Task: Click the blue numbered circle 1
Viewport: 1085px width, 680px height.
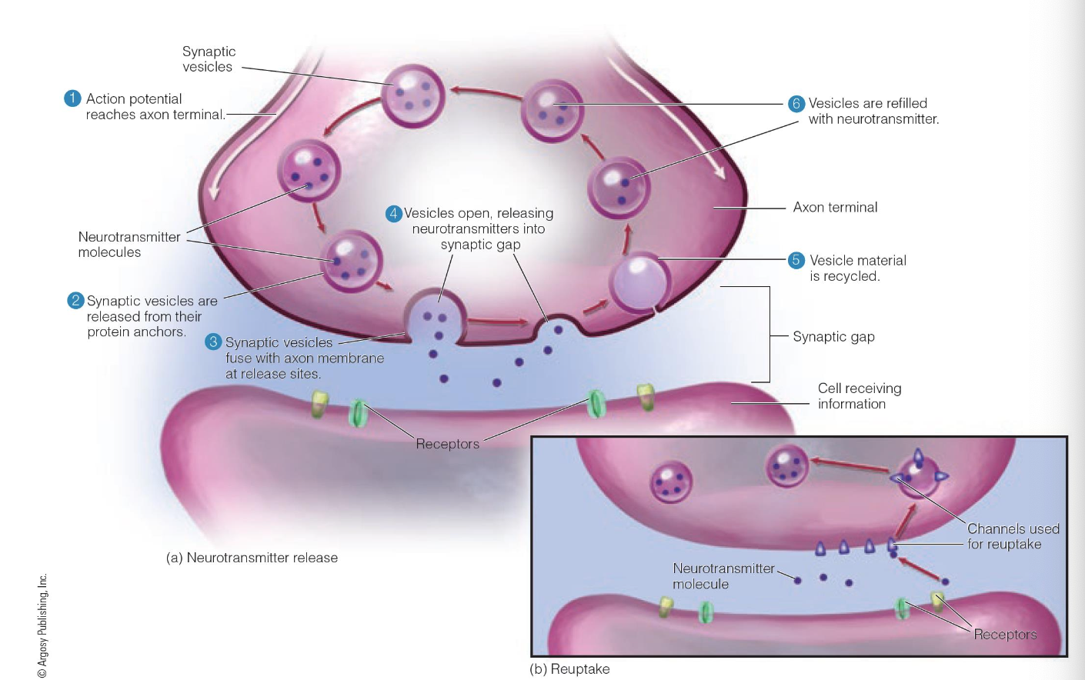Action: (72, 98)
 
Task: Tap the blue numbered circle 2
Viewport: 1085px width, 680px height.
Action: (75, 301)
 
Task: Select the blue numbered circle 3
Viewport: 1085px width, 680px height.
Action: (213, 342)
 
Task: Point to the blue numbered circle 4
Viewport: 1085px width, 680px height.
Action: (394, 213)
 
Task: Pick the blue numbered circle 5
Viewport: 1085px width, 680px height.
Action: (796, 260)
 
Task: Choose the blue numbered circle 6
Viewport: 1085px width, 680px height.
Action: (796, 103)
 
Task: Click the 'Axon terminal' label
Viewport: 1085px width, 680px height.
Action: (835, 207)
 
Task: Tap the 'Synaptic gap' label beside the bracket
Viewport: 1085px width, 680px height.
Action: (833, 336)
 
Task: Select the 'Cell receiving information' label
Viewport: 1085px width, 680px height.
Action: (859, 396)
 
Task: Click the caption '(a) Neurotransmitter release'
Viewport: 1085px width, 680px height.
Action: (252, 558)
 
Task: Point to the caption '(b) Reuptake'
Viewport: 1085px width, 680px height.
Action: (569, 669)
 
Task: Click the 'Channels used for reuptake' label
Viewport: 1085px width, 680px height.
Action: (1013, 536)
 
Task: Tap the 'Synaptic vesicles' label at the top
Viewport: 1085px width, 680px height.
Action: (209, 59)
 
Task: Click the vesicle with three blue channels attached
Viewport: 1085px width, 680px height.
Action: (919, 477)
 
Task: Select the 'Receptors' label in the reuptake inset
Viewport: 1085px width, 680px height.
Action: (1005, 635)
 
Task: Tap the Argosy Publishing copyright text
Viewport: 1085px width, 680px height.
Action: (43, 625)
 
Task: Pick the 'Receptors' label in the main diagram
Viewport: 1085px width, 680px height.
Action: (447, 444)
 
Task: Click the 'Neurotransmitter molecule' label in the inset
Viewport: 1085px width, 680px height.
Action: (723, 576)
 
